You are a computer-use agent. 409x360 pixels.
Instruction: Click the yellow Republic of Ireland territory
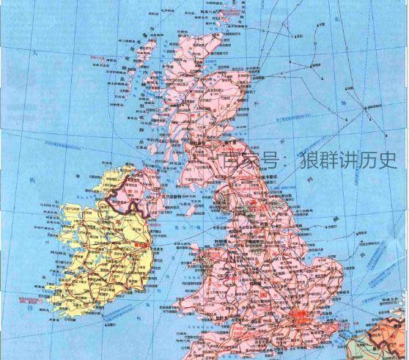[x=95, y=242]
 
